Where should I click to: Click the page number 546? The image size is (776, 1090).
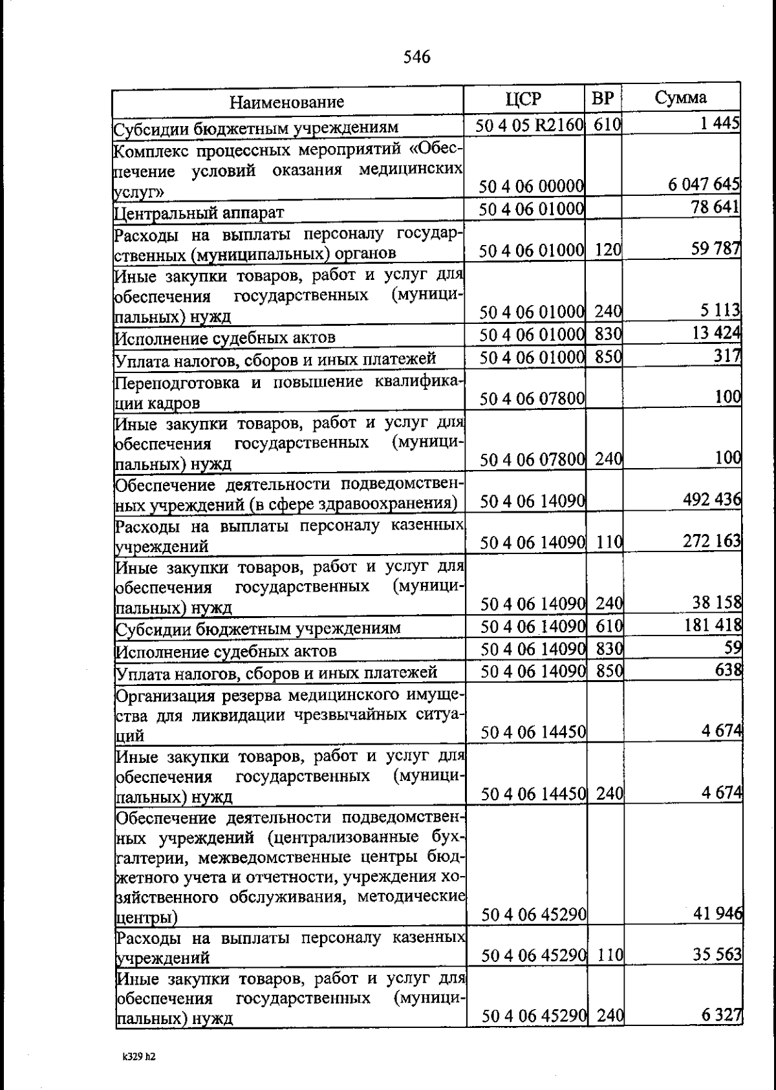click(x=416, y=58)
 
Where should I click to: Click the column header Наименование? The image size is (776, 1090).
click(x=287, y=102)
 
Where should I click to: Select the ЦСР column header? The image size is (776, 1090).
click(x=524, y=99)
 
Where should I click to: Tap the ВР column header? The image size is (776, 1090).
click(x=603, y=99)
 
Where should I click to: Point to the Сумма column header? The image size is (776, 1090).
click(x=680, y=98)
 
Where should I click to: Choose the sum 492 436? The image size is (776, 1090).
click(x=711, y=500)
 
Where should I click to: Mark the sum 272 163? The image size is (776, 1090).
click(x=712, y=540)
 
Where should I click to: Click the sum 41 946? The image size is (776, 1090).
click(x=717, y=914)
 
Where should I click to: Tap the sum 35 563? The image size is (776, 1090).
click(x=717, y=954)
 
